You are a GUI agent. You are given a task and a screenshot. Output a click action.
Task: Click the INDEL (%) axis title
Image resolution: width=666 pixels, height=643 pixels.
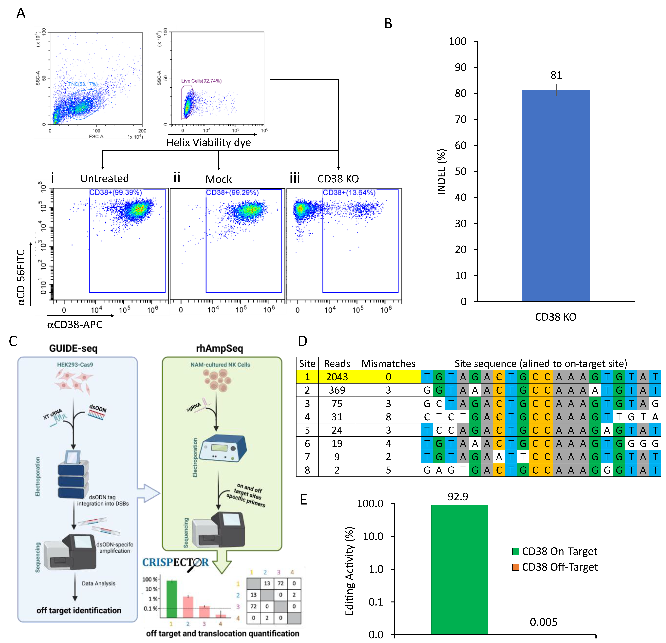[x=441, y=172]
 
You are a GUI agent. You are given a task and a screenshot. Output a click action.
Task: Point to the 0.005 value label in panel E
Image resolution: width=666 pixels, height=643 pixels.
[x=543, y=622]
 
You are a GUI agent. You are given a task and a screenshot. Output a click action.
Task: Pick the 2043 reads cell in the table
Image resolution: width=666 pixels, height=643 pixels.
[x=337, y=377]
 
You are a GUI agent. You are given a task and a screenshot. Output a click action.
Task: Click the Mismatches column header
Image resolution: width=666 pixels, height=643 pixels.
[x=388, y=363]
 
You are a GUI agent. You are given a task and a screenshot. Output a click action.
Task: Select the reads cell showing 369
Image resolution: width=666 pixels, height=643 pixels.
[x=337, y=390]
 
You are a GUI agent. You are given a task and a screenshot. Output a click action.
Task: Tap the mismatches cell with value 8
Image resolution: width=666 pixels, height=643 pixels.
[x=388, y=417]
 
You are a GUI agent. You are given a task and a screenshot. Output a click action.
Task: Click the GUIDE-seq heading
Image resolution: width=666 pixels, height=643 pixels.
[x=73, y=348]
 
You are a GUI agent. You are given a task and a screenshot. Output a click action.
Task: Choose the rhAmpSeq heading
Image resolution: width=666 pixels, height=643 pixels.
[x=219, y=348]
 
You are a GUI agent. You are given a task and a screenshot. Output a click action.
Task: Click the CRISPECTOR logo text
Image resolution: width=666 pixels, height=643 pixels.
[x=175, y=562]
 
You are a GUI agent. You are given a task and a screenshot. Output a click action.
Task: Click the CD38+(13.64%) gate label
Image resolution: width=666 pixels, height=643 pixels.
[x=349, y=193]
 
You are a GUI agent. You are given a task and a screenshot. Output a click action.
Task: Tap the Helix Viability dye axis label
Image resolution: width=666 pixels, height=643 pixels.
[x=209, y=142]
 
